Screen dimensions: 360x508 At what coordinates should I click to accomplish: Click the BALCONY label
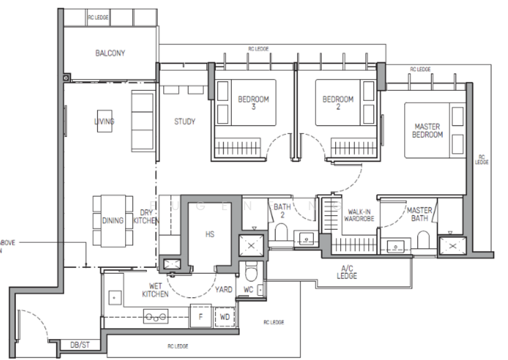[110, 53]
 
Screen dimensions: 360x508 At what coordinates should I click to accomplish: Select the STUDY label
[185, 121]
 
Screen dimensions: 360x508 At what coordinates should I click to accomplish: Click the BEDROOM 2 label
[337, 103]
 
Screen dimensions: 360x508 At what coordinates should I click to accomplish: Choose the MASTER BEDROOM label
[427, 131]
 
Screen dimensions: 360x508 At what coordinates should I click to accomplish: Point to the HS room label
[210, 234]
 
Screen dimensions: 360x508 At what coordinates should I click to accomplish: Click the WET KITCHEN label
[155, 290]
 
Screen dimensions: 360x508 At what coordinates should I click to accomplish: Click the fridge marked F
[201, 316]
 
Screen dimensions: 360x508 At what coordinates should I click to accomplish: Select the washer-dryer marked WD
[224, 316]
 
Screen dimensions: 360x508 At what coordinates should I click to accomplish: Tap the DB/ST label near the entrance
[80, 345]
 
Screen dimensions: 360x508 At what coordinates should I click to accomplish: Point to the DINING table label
[112, 220]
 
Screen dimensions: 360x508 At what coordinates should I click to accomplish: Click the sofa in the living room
[142, 119]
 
